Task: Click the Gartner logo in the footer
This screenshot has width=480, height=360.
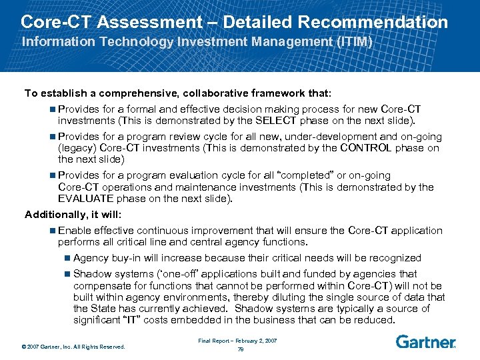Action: tap(425, 341)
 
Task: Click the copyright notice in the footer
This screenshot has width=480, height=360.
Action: tap(73, 346)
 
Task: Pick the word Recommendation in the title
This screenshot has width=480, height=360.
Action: tap(373, 21)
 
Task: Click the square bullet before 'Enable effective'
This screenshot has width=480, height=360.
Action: tap(53, 231)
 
